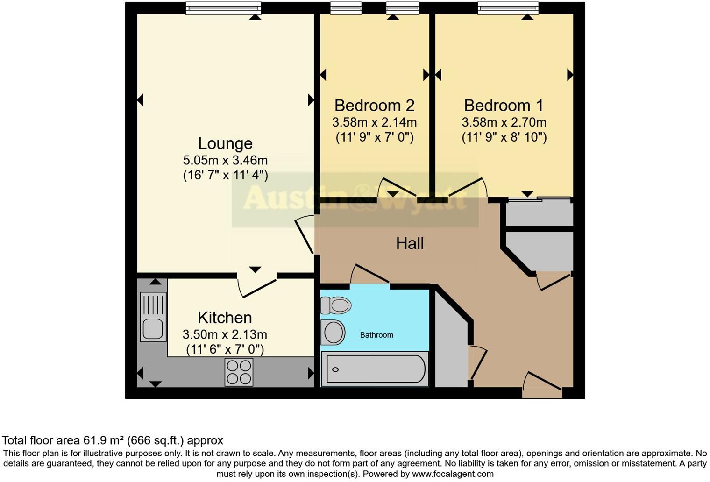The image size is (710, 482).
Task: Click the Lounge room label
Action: click(225, 143)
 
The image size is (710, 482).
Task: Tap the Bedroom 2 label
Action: click(374, 106)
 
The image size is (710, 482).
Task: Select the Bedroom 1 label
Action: click(504, 106)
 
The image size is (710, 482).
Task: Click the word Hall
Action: click(410, 243)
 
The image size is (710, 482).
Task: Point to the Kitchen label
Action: click(225, 318)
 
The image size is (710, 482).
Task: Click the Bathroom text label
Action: click(376, 335)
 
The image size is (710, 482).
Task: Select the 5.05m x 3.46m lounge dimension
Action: click(225, 161)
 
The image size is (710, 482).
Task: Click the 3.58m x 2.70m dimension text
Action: click(504, 122)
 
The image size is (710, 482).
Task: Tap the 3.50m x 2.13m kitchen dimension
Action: click(225, 334)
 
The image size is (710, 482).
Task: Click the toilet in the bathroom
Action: click(336, 305)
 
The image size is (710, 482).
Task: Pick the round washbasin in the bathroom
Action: click(333, 333)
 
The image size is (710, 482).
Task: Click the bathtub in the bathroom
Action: click(375, 369)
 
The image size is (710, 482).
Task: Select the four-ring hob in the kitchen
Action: click(239, 372)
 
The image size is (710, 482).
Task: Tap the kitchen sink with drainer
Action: click(153, 317)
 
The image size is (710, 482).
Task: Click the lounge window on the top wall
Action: click(223, 8)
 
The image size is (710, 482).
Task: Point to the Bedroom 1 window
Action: click(508, 8)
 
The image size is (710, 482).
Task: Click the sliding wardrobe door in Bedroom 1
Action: click(540, 199)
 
